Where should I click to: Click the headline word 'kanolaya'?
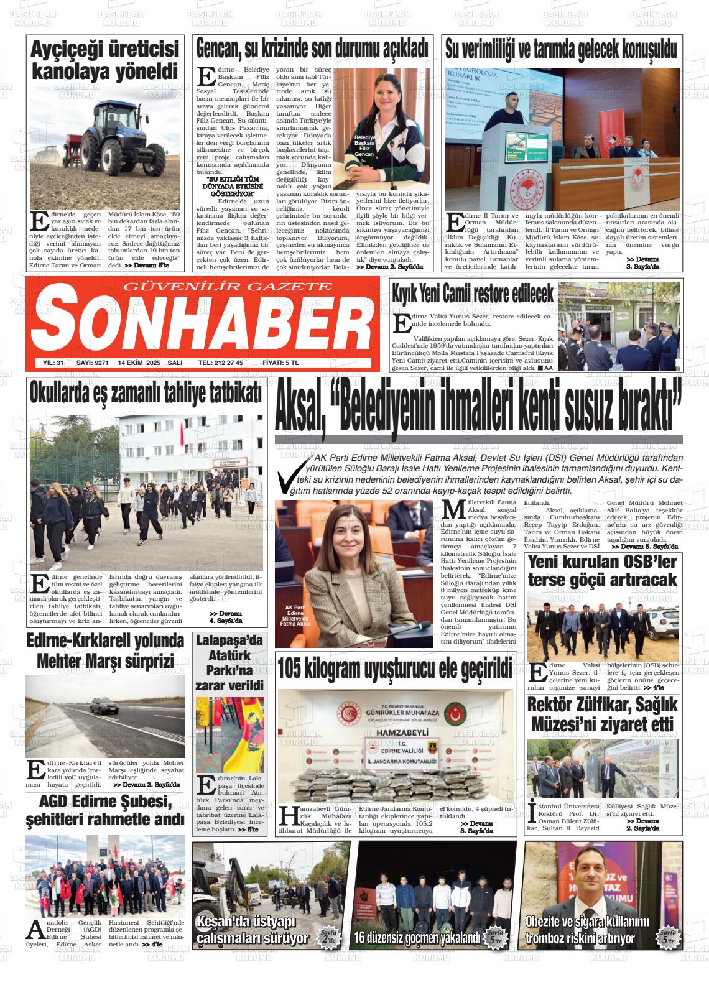(x=86, y=71)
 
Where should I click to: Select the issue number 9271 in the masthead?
(x=97, y=363)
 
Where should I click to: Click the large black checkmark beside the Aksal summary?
(x=295, y=476)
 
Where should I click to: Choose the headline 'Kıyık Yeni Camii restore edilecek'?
(x=473, y=294)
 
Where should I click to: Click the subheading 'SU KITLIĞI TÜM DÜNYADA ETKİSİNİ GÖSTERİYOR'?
(x=233, y=186)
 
